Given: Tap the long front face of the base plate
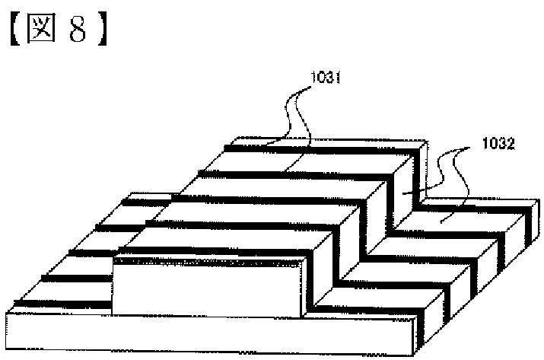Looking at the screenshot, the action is [205, 334].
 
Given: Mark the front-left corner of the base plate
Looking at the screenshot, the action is [8, 314].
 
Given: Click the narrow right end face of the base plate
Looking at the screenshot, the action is [418, 335].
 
